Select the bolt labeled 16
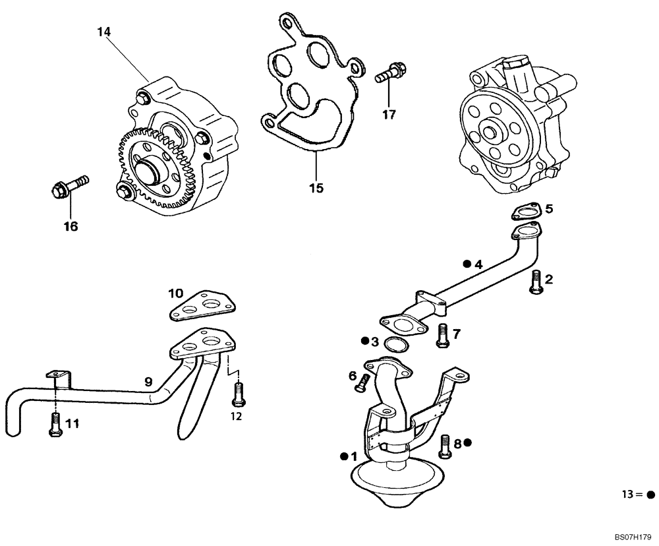click(x=68, y=186)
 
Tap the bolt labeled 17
click(x=391, y=73)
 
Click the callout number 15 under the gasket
click(x=316, y=188)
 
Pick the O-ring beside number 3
click(x=395, y=346)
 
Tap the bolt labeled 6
click(x=360, y=381)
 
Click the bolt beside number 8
click(x=445, y=446)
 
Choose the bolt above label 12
click(x=237, y=394)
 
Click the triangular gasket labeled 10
click(x=202, y=307)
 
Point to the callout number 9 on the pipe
click(x=149, y=381)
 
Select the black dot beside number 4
click(x=466, y=264)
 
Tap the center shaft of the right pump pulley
click(x=491, y=130)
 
